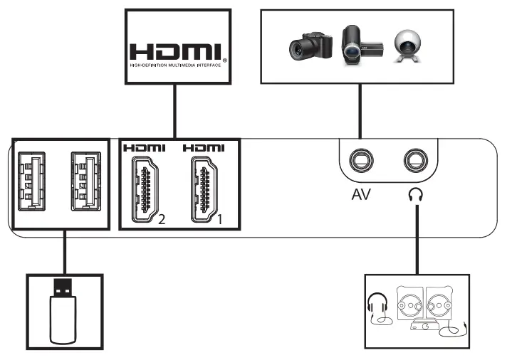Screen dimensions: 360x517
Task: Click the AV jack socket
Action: (361, 160)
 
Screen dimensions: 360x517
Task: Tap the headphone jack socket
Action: (414, 160)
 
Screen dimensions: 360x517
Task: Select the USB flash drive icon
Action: (62, 311)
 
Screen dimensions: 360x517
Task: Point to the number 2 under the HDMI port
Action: (162, 219)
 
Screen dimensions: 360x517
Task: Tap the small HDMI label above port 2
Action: (144, 148)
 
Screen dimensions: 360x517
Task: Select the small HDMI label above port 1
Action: (203, 148)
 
